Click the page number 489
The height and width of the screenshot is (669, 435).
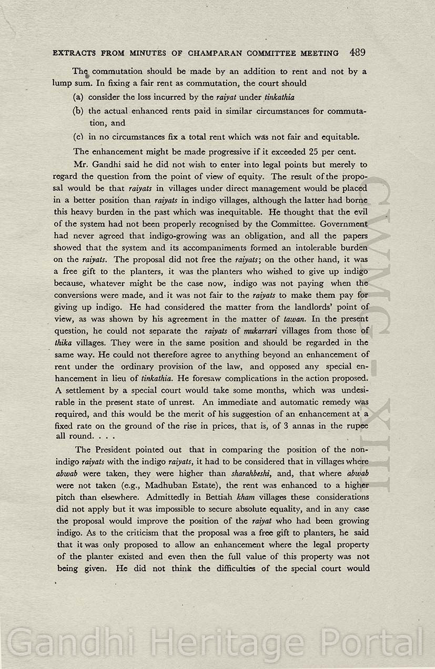click(x=357, y=53)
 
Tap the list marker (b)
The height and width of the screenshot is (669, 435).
click(x=78, y=111)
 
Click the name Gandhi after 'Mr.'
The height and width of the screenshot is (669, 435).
click(x=112, y=165)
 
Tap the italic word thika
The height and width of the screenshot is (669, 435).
click(x=63, y=342)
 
